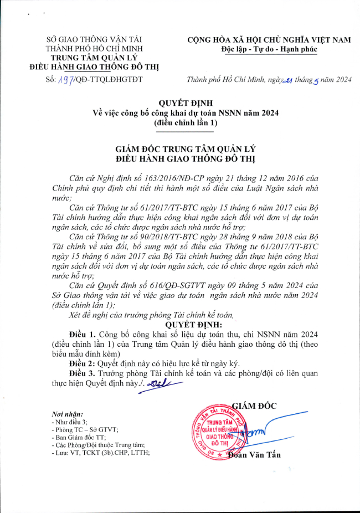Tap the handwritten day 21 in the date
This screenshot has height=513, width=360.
[287, 80]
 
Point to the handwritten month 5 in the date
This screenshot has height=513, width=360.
[316, 80]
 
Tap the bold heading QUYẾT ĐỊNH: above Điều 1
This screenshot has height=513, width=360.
[193, 324]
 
